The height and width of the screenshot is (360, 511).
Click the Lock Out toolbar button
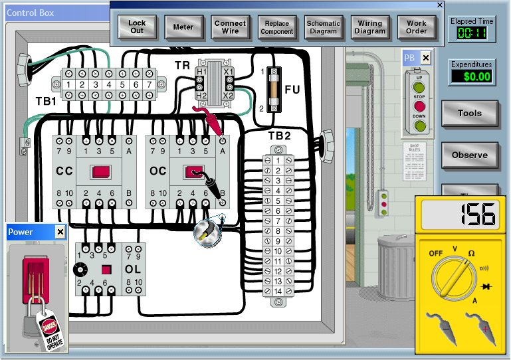(137, 27)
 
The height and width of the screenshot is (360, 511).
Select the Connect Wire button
(230, 27)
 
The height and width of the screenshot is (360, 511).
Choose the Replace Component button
(276, 27)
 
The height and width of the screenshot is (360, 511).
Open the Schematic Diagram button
(323, 27)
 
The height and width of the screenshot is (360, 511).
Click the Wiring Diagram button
(370, 27)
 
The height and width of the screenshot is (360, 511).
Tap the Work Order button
(417, 27)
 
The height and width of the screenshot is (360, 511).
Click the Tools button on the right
(469, 114)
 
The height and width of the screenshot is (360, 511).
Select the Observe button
(469, 155)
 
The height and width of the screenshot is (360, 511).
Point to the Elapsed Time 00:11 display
(471, 33)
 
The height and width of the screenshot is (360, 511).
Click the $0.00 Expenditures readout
(471, 76)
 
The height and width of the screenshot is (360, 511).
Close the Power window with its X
(60, 232)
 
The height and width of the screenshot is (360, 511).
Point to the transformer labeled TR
(213, 83)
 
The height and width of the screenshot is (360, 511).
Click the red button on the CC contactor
(100, 172)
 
